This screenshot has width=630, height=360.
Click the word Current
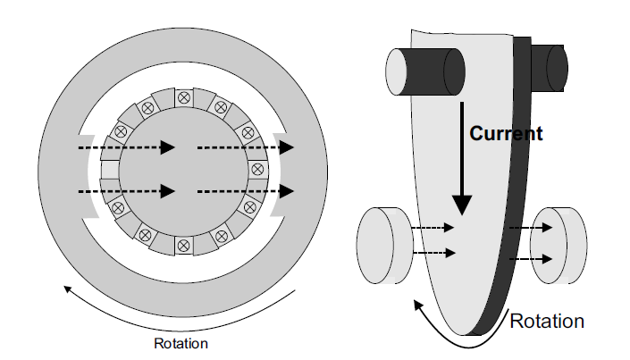click(x=506, y=134)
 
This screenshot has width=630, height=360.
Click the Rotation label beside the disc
click(x=547, y=320)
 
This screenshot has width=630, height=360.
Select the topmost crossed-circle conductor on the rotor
click(x=184, y=96)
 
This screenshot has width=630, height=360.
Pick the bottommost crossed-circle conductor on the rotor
click(x=184, y=244)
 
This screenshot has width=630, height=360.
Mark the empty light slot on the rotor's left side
click(x=110, y=170)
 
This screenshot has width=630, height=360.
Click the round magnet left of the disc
click(x=382, y=245)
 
